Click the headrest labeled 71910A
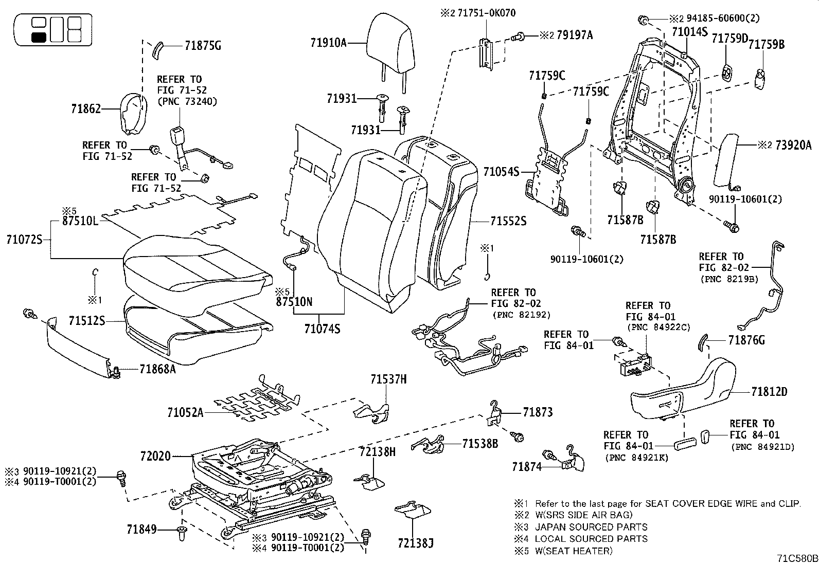click(x=390, y=44)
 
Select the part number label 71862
click(x=86, y=108)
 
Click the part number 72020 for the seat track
click(x=155, y=456)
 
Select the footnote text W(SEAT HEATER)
click(x=574, y=551)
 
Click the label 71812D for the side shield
click(x=769, y=392)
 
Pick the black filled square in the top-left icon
click(x=39, y=37)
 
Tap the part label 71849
click(x=141, y=528)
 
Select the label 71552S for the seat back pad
click(x=508, y=221)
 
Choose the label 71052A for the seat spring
click(x=185, y=412)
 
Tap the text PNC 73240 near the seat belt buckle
click(x=187, y=101)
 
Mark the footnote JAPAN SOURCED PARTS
click(x=591, y=527)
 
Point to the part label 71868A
click(x=157, y=369)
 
